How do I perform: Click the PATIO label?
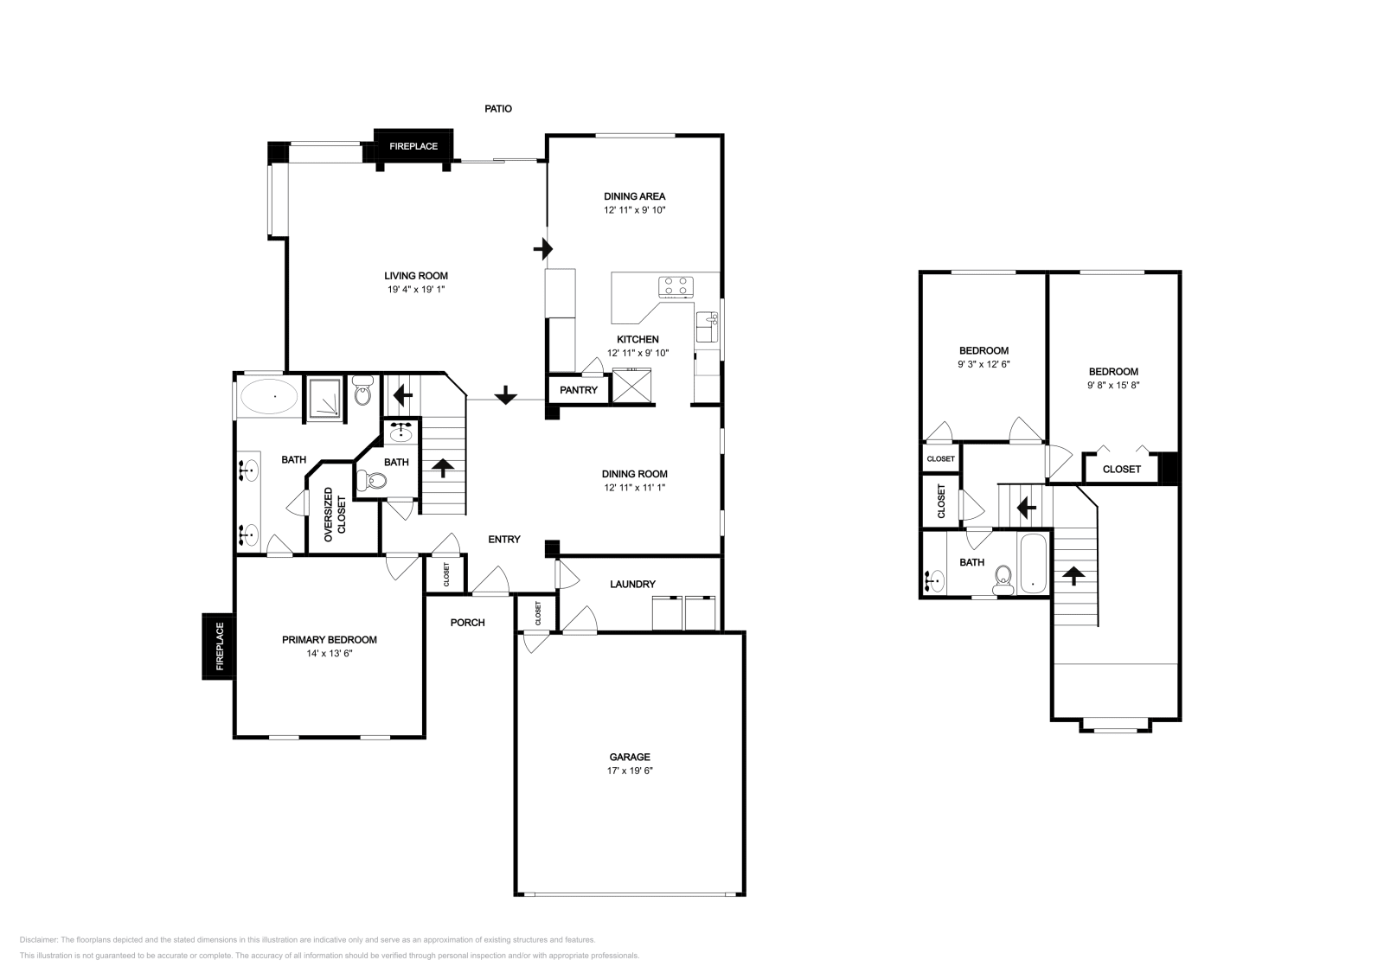click(x=497, y=109)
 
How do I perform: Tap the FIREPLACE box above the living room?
click(x=413, y=146)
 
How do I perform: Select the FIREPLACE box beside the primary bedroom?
click(x=219, y=646)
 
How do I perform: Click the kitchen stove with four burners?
click(x=676, y=286)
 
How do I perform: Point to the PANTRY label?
click(x=578, y=390)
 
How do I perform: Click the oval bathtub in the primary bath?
click(x=269, y=398)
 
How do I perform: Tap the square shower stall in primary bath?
click(x=324, y=398)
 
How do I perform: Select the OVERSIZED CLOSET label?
click(x=334, y=515)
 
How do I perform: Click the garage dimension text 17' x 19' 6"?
click(x=629, y=771)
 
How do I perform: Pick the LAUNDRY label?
click(x=632, y=585)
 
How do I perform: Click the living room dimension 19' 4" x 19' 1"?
click(x=416, y=290)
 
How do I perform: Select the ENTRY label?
click(x=504, y=540)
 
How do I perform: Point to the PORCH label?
click(x=468, y=623)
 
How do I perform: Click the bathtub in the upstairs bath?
click(x=1035, y=564)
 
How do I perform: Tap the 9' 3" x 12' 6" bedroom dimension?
click(x=984, y=364)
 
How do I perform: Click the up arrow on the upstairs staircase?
click(x=1073, y=574)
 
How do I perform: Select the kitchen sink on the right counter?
click(x=708, y=329)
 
